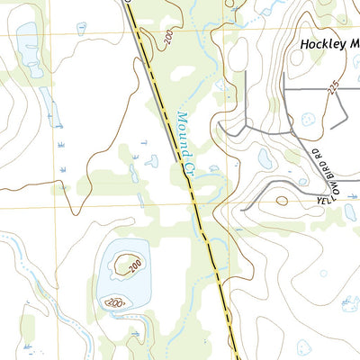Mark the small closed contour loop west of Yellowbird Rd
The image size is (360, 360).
pos(283,201)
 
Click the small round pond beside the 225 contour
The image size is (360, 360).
pos(309,119)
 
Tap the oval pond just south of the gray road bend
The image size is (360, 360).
pos(265,158)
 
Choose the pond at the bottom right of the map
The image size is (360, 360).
pos(348,306)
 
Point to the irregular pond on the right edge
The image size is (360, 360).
pos(351,212)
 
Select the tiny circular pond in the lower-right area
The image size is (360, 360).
pos(323,273)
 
